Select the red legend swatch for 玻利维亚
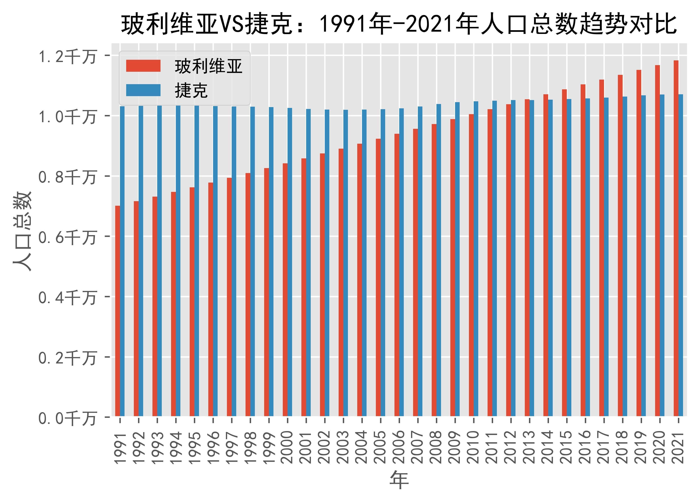[x=143, y=66]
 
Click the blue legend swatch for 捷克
[x=143, y=90]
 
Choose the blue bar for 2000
[x=290, y=262]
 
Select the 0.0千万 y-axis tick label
[x=67, y=419]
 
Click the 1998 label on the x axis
[x=250, y=447]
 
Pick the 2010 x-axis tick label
[x=473, y=447]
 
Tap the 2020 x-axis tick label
[x=660, y=447]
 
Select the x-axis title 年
[x=399, y=480]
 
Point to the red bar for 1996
[x=211, y=299]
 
